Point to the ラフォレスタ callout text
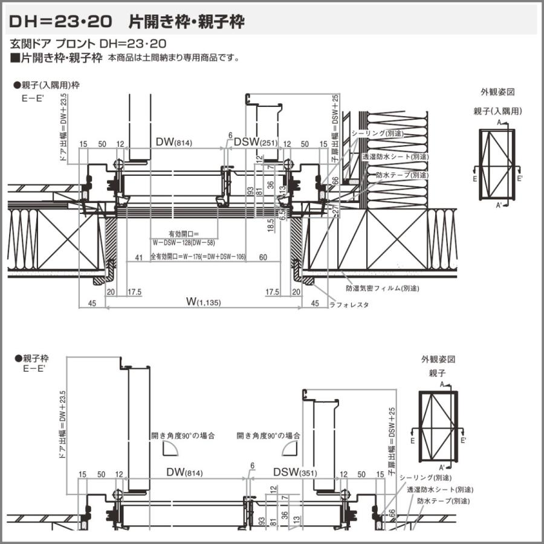(349, 305)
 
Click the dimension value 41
(139, 257)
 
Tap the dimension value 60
(263, 257)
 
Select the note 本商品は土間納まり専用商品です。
(174, 59)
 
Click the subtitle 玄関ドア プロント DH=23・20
(88, 44)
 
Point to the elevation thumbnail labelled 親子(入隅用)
(498, 164)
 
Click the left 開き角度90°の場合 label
(183, 435)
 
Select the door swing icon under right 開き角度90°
(290, 448)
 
